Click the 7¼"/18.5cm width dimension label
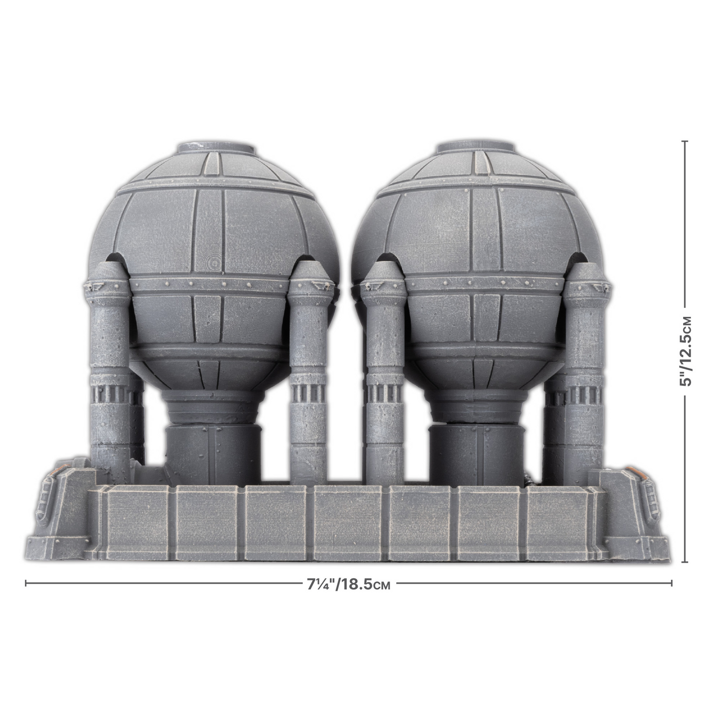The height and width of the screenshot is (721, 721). [x=349, y=584]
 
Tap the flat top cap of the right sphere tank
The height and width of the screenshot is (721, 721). [x=475, y=148]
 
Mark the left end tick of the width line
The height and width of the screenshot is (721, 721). [x=26, y=583]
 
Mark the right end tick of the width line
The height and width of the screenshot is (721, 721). [x=672, y=583]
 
